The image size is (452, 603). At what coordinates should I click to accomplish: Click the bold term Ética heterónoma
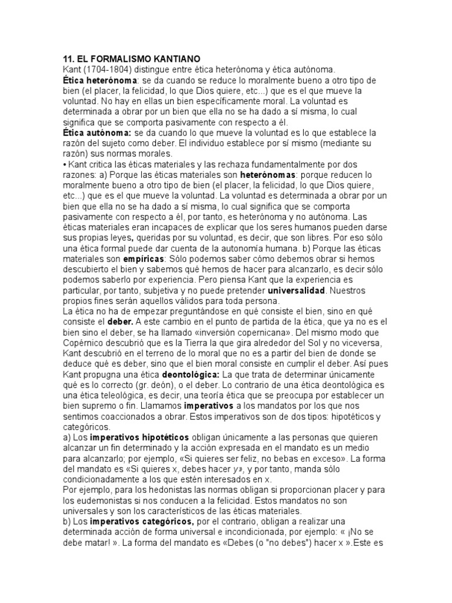point(100,80)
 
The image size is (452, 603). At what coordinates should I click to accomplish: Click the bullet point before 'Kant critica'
point(64,165)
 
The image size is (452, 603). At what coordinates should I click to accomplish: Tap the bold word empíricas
point(144,259)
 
